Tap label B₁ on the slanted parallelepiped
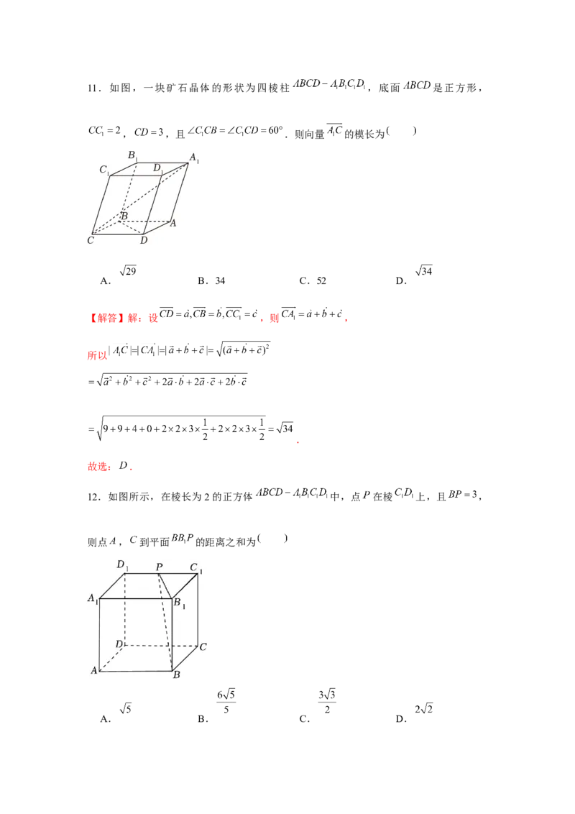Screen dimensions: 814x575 click(133, 155)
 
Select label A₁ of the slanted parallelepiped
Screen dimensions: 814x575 click(194, 158)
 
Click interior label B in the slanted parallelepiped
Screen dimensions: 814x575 click(124, 216)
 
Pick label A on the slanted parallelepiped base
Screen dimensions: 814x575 click(172, 224)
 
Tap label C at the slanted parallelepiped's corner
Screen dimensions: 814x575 click(91, 240)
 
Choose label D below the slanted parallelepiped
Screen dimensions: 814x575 click(144, 241)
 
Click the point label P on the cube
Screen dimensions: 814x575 click(160, 567)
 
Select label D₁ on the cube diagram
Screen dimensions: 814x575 click(121, 565)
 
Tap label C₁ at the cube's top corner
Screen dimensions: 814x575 click(195, 567)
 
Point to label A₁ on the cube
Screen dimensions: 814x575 click(93, 598)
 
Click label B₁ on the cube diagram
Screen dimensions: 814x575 click(180, 603)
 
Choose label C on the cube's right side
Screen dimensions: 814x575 click(203, 647)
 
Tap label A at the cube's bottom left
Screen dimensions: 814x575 click(93, 671)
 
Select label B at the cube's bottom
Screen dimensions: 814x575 click(176, 675)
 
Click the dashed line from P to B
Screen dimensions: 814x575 click(165, 623)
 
